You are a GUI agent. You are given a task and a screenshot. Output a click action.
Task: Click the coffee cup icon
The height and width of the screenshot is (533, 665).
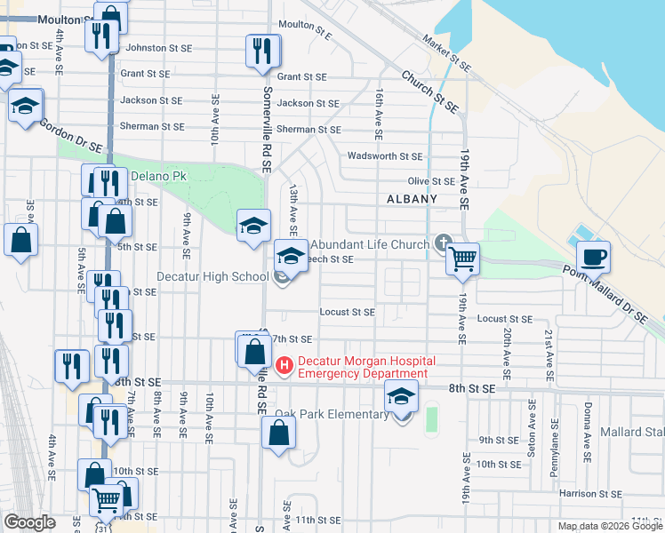(x=593, y=258)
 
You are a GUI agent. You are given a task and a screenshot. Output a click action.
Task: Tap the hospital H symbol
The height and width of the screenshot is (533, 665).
(x=284, y=364)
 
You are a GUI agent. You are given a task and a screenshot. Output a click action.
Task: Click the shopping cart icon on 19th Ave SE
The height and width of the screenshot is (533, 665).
(x=462, y=259)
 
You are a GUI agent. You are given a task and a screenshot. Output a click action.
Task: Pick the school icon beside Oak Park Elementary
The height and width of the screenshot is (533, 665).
(x=401, y=398)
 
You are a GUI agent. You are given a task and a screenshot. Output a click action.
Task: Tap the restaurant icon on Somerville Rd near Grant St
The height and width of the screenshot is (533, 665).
(x=262, y=51)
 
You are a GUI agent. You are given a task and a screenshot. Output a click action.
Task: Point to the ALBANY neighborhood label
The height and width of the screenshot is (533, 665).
(x=412, y=199)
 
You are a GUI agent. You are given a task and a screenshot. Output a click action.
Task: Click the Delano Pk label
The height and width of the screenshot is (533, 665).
(x=159, y=176)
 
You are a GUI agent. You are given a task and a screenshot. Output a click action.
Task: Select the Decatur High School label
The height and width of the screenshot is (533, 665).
(x=212, y=276)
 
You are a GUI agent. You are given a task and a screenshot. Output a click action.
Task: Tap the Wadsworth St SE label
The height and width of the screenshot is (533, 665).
(x=385, y=156)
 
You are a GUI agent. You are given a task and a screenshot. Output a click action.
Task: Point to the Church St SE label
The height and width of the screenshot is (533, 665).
(x=429, y=91)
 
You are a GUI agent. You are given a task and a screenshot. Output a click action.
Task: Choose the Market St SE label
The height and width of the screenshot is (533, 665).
(x=446, y=52)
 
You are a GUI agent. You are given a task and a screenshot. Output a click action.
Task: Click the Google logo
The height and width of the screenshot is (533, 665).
(x=29, y=522)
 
